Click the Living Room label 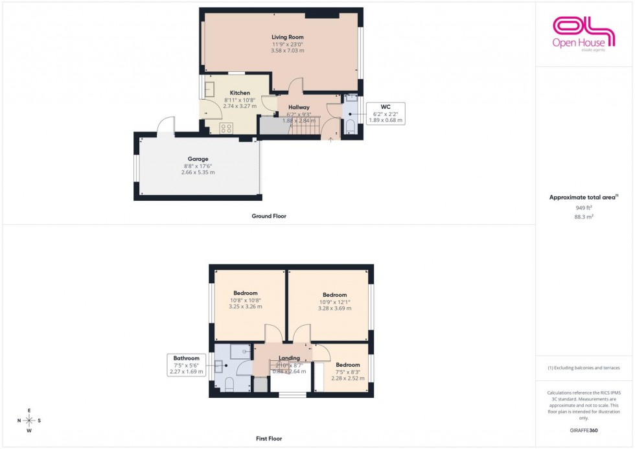[287, 38]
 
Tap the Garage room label [198, 159]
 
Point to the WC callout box [385, 113]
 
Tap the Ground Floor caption [268, 216]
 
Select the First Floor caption [269, 439]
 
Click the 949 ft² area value [584, 208]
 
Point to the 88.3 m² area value [584, 218]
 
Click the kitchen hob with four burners [226, 128]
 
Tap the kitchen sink [210, 87]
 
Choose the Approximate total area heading [584, 197]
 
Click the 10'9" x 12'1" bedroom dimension [334, 302]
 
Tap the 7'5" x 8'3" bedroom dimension [348, 372]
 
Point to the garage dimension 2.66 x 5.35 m [198, 172]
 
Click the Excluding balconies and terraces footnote [584, 368]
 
